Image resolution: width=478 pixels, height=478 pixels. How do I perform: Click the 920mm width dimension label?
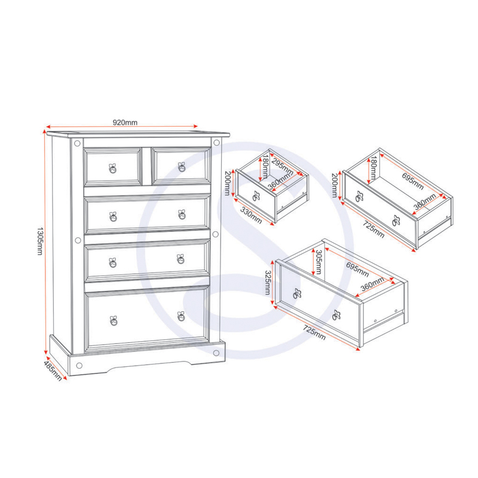coord(125,122)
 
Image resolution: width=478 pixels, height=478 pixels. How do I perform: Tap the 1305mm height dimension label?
coord(40,241)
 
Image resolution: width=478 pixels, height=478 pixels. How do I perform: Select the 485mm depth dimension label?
coord(53,370)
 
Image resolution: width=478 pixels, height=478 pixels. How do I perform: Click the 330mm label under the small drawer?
coord(251,215)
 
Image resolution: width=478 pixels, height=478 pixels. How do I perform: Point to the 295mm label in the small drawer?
coord(282,167)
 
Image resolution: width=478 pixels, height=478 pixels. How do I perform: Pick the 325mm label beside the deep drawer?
coord(268,283)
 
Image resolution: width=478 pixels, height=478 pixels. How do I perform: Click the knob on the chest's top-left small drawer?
coord(113,168)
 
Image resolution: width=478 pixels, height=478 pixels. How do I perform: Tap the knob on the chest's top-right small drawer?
coord(182,167)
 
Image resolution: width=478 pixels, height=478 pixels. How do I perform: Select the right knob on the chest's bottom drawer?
coord(181,317)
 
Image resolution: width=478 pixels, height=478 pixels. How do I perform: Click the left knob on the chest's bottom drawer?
coord(114,321)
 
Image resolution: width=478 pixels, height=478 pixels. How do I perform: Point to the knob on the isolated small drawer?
coord(256,197)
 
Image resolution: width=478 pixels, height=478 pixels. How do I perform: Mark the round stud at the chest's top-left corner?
coord(78,143)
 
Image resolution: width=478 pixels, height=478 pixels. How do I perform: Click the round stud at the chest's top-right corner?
coord(216,142)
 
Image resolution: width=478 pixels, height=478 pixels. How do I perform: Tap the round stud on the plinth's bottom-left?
coord(79,366)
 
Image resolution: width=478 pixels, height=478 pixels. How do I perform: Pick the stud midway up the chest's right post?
coord(216,234)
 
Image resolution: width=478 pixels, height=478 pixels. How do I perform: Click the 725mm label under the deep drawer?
coord(314,333)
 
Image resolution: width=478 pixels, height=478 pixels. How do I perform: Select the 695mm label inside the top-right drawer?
coord(413,181)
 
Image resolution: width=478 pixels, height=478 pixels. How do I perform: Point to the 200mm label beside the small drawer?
coord(228,183)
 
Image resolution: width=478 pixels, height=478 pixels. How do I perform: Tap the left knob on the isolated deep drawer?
coord(297,293)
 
